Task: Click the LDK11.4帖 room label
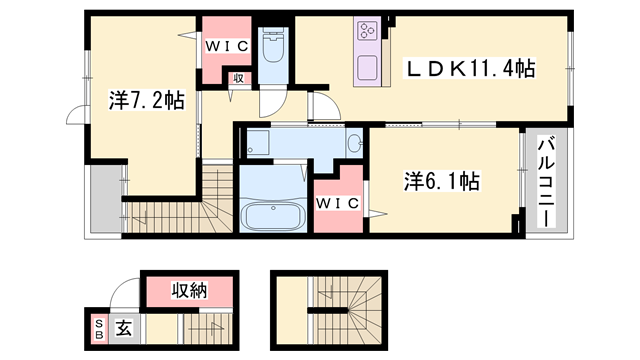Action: click(x=469, y=69)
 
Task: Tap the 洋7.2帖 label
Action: click(x=146, y=100)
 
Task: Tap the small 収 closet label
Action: click(x=239, y=79)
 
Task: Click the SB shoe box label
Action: click(x=99, y=328)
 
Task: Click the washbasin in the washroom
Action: click(x=355, y=145)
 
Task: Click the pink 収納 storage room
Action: click(x=189, y=292)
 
